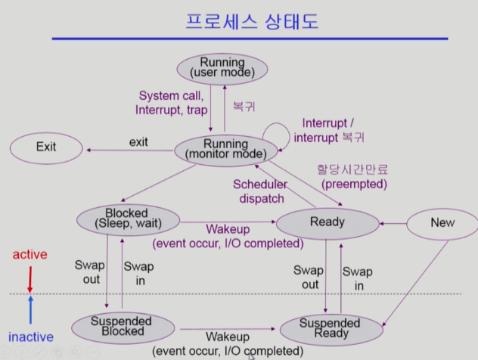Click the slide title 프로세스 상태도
(x=253, y=20)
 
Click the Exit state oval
(x=46, y=147)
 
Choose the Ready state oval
(x=327, y=222)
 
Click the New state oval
(x=442, y=222)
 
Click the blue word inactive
(x=30, y=337)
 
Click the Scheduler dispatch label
(x=259, y=191)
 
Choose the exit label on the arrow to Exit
(x=138, y=141)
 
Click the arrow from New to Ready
(x=393, y=223)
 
